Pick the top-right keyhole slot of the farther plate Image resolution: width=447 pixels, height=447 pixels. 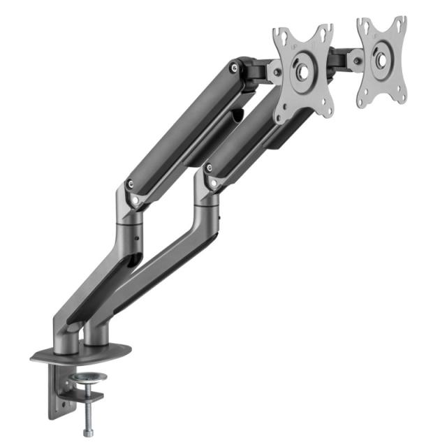(400, 24)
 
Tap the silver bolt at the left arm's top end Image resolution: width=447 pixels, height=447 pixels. (233, 68)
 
